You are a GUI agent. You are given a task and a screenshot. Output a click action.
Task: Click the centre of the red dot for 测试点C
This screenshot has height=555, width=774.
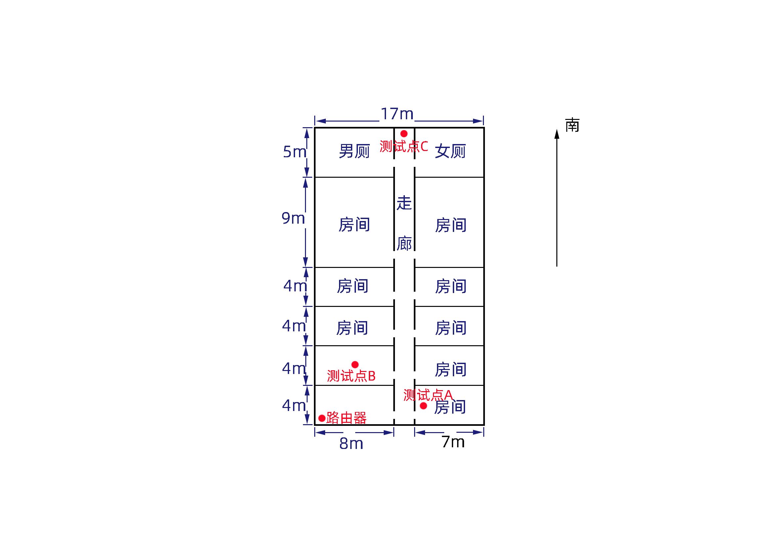click(404, 133)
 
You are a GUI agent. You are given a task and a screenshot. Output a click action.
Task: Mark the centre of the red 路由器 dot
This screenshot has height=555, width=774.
click(322, 418)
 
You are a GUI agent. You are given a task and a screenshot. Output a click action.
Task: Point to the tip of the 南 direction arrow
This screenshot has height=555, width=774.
click(557, 129)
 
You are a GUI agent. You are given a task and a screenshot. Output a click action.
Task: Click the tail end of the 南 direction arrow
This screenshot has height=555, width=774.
click(557, 266)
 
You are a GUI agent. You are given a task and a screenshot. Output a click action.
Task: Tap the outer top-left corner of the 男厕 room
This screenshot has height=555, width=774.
click(315, 128)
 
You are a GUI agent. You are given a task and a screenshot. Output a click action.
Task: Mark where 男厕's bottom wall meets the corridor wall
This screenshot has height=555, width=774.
click(394, 177)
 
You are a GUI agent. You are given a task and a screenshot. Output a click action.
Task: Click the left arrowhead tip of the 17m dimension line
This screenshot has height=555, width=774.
click(315, 121)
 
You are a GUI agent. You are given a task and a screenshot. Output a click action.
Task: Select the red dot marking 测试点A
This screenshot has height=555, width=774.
click(423, 406)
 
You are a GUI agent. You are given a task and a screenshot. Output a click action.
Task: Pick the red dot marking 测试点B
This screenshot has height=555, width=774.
click(355, 364)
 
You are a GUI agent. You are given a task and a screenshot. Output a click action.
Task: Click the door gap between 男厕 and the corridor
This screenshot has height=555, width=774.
click(394, 163)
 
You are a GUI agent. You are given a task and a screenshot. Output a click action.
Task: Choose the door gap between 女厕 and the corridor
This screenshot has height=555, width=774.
click(415, 163)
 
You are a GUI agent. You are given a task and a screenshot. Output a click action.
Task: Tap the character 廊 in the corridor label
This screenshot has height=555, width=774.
click(404, 243)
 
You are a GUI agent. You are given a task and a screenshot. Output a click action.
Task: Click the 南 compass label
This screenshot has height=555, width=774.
click(572, 125)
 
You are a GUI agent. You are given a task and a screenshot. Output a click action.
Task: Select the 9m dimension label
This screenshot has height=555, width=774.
click(293, 218)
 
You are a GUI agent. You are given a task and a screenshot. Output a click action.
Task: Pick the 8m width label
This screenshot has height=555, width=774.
click(351, 444)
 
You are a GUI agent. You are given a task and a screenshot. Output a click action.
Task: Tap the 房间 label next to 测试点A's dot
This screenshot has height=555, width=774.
click(450, 407)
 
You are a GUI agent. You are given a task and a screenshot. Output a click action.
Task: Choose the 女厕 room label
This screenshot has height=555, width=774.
click(450, 151)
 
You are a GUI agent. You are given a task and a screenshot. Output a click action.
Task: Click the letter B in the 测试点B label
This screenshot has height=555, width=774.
click(372, 376)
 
